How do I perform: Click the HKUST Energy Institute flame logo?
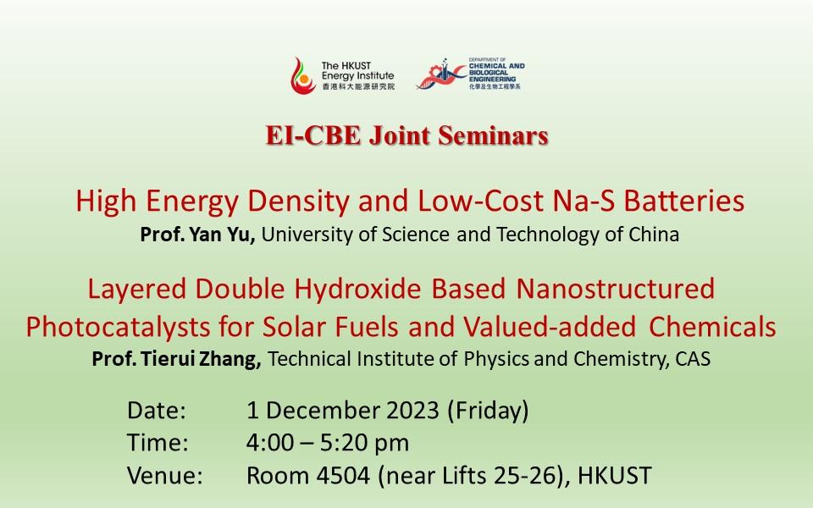click(x=303, y=75)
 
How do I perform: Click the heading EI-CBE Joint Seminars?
click(x=407, y=135)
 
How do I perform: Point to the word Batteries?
click(x=684, y=201)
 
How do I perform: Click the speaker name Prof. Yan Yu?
click(x=197, y=235)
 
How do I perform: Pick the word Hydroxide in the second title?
click(x=357, y=289)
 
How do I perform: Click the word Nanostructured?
click(x=616, y=289)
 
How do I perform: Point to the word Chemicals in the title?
click(x=712, y=327)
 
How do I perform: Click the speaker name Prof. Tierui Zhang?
click(x=176, y=359)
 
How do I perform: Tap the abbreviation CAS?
click(x=693, y=359)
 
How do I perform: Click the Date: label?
click(x=157, y=410)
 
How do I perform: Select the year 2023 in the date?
click(x=413, y=410)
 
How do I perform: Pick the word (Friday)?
click(x=488, y=410)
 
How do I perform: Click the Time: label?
click(x=158, y=443)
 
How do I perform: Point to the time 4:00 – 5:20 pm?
click(x=328, y=443)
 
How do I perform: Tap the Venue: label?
click(x=165, y=475)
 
